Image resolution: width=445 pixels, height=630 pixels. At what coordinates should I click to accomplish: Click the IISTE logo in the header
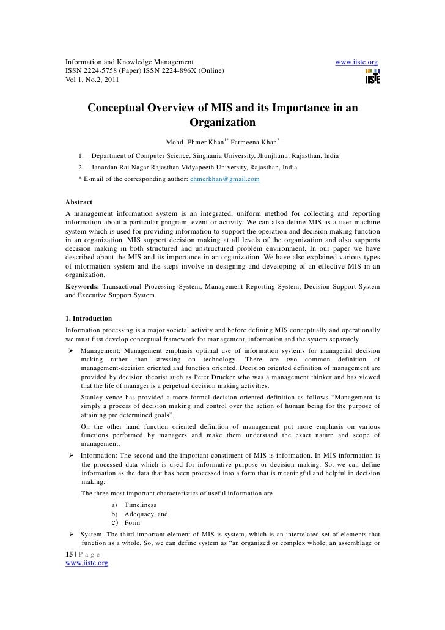372,77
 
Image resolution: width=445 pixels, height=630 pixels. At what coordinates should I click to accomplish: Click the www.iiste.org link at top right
357,62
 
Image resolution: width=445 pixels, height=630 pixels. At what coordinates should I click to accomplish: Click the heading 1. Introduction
89,319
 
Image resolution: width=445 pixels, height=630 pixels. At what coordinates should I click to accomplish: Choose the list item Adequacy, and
145,514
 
